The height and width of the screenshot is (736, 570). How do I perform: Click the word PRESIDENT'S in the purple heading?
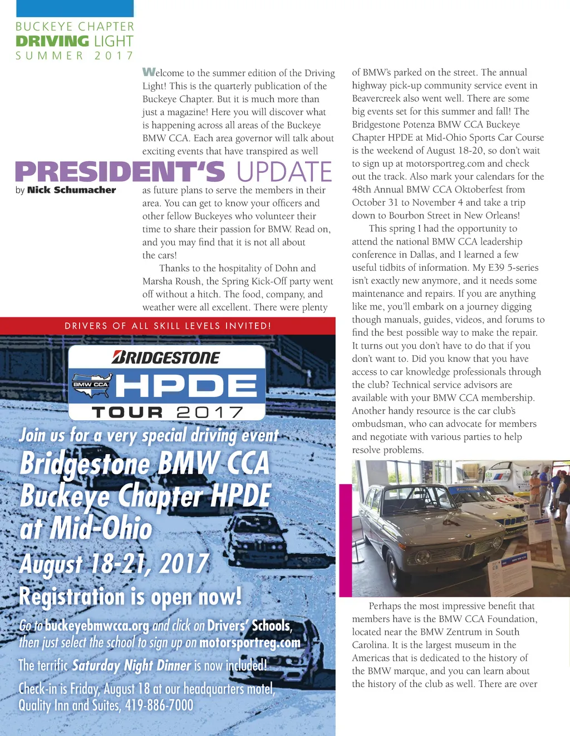click(x=120, y=172)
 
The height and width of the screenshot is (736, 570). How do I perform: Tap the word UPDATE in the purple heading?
click(x=284, y=172)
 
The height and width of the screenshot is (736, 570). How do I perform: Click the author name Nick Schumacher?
click(x=71, y=190)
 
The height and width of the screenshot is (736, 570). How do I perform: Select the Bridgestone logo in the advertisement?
click(x=166, y=357)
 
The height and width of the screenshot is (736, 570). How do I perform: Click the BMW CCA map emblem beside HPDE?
click(x=91, y=385)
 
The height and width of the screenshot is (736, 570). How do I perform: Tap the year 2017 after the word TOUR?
click(x=210, y=412)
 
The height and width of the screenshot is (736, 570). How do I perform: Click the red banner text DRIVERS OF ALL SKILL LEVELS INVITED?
click(x=168, y=326)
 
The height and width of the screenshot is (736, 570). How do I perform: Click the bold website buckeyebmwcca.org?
click(x=97, y=626)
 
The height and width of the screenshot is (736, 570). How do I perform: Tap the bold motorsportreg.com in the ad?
click(x=249, y=643)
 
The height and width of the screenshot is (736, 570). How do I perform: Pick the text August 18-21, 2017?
click(x=114, y=564)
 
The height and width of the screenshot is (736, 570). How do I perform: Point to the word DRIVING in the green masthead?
click(x=52, y=41)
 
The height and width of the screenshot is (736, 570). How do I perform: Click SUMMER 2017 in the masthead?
click(x=75, y=56)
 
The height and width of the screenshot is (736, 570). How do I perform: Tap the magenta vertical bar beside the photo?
click(x=345, y=539)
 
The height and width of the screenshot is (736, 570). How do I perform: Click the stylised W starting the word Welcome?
click(x=148, y=72)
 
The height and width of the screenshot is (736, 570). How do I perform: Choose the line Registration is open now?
click(x=131, y=596)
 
